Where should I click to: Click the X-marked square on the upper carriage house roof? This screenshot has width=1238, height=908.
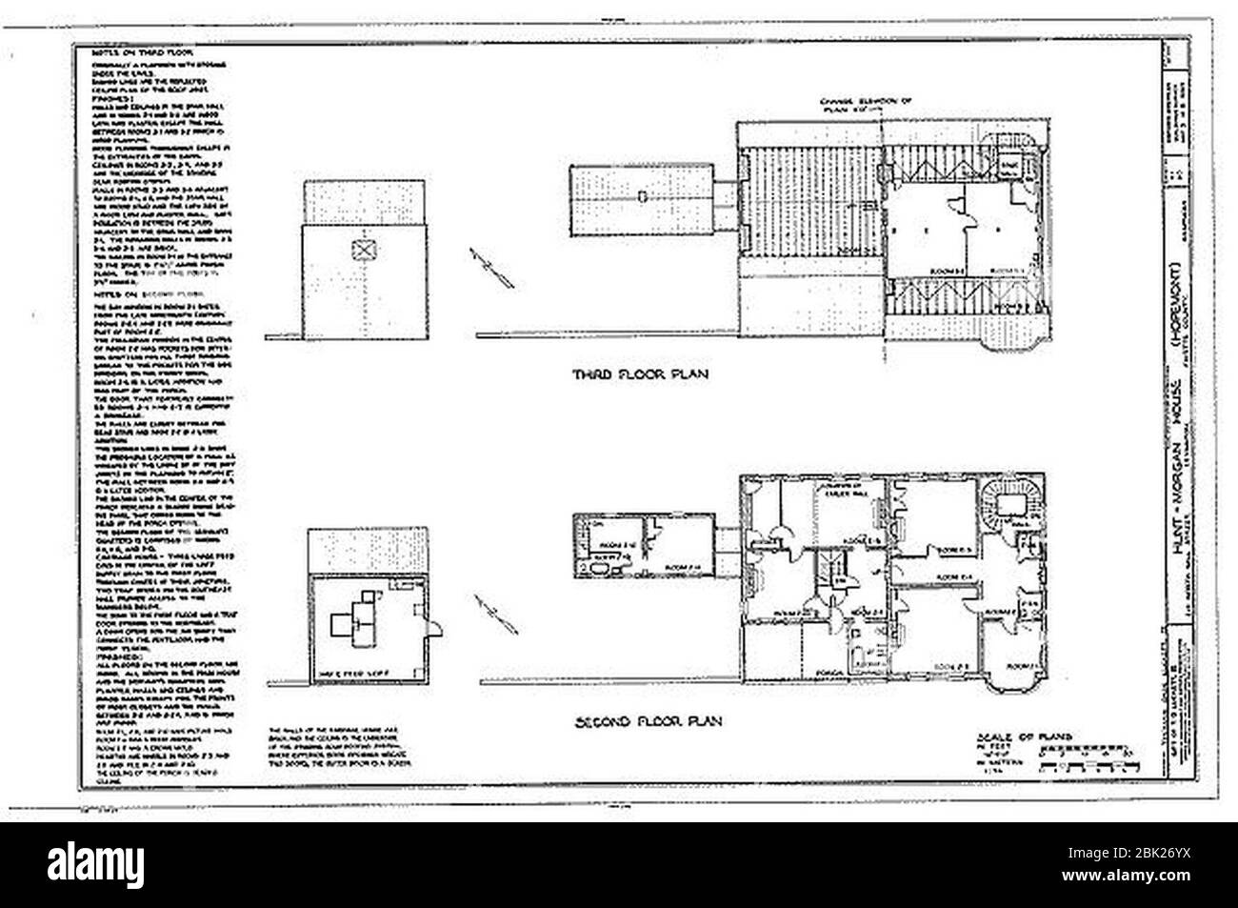point(362,251)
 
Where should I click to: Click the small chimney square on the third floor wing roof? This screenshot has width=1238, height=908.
point(644,195)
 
